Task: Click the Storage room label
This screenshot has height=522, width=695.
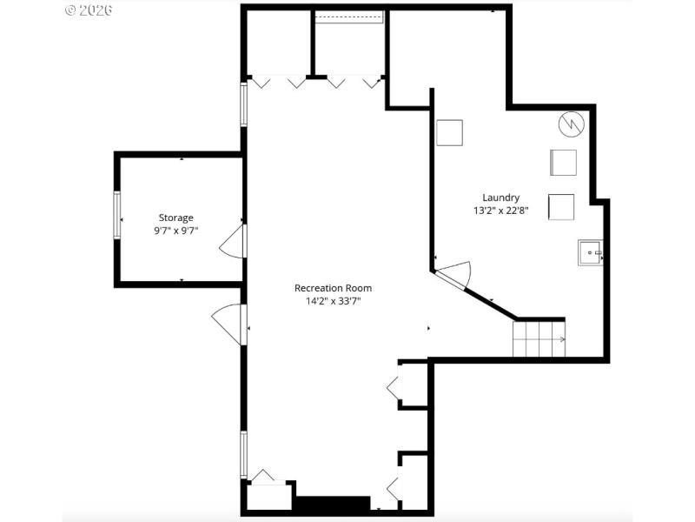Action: pos(175,217)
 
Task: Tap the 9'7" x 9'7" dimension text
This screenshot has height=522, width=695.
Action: pos(175,231)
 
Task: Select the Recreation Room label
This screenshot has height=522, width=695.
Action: pos(333,288)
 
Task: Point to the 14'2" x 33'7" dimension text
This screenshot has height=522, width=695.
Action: pos(333,302)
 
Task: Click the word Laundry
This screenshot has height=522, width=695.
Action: pos(502,197)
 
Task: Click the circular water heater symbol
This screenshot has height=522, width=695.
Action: pos(570,124)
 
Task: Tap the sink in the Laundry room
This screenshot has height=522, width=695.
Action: pos(590,253)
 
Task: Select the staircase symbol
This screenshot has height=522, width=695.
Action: pos(539,338)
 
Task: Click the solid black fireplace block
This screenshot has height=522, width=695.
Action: pos(331,505)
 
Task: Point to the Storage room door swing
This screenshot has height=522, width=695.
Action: pos(232,241)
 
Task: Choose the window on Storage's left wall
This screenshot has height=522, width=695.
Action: pos(116,214)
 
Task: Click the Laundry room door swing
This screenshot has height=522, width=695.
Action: pos(455,274)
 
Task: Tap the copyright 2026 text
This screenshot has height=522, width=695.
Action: pos(89,10)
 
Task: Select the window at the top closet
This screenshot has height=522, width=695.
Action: pos(349,17)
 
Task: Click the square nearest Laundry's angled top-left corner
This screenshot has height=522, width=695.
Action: pos(449,133)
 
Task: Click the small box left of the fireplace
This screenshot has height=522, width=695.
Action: pos(269,496)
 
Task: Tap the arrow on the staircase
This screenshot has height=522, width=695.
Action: pos(561,339)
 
